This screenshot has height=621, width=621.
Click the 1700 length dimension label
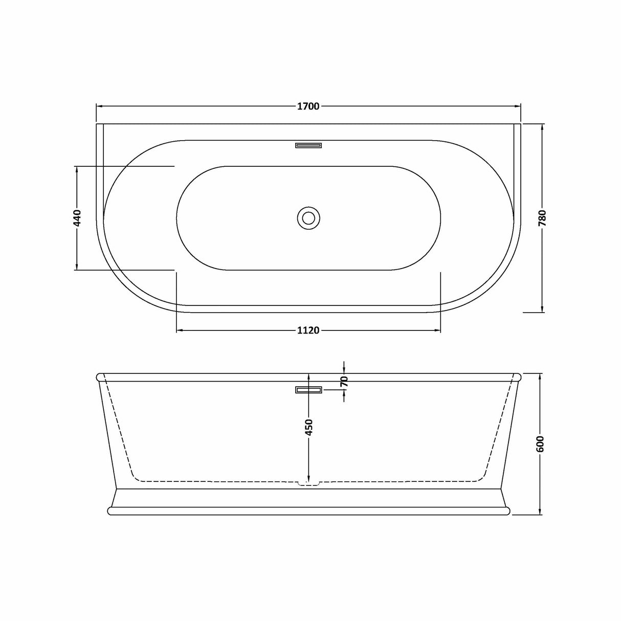tap(308, 106)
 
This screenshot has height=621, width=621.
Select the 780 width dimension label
tap(542, 218)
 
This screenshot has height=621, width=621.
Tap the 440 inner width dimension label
tap(77, 218)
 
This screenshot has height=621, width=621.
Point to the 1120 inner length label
tap(308, 330)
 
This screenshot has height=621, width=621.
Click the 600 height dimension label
tap(542, 444)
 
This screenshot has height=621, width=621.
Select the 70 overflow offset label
tap(344, 381)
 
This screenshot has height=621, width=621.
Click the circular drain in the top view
tap(308, 218)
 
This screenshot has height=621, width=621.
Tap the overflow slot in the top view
tap(308, 145)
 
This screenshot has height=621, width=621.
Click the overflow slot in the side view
tap(308, 390)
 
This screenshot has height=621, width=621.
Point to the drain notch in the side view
tap(308, 482)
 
